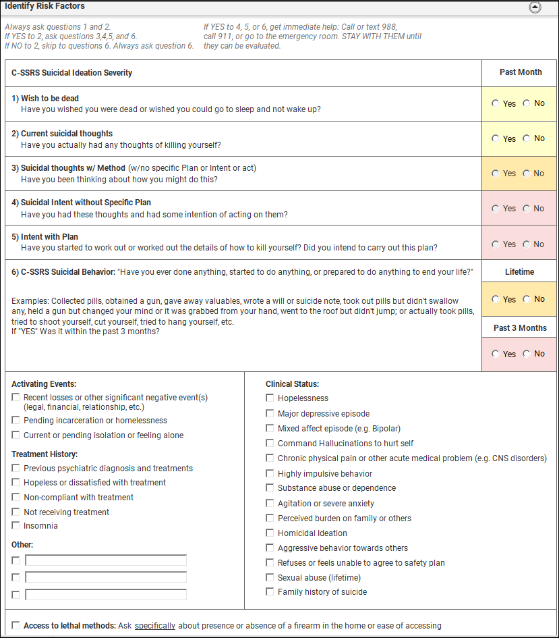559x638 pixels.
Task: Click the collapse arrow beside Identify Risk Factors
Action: tap(535, 7)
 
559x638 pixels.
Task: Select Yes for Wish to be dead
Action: tap(496, 103)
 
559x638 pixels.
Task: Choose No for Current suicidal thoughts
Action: tap(527, 138)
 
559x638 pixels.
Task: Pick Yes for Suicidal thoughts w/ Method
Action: tap(496, 174)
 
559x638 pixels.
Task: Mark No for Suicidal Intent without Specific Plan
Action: tap(527, 209)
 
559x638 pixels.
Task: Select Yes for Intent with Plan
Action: tap(496, 244)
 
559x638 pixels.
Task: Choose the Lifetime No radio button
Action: tap(527, 299)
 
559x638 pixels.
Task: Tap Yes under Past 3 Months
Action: tap(496, 354)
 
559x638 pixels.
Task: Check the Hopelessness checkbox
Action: tap(270, 398)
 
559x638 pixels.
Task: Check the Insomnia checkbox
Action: tap(16, 526)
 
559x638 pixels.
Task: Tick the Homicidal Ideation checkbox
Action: tap(270, 533)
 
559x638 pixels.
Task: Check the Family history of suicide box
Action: tap(270, 592)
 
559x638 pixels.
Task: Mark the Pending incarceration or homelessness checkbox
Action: tap(16, 421)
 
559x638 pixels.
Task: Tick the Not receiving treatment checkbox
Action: tap(16, 512)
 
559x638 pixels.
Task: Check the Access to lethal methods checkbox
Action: tap(16, 626)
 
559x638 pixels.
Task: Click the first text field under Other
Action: tap(106, 560)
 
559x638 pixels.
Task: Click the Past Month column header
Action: tap(520, 72)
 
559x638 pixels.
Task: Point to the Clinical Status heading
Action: tap(292, 384)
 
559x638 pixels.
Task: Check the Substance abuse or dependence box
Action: tap(270, 488)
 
